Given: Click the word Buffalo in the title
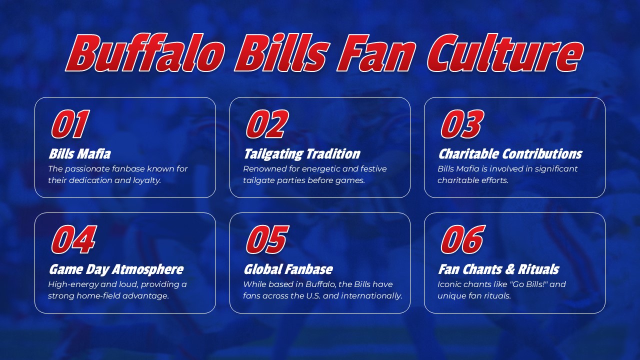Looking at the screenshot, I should tap(145, 53).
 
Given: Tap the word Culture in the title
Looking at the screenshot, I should tap(505, 53).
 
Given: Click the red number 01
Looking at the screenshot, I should tap(70, 124).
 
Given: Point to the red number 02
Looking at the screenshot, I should tap(267, 124).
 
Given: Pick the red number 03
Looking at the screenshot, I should tap(461, 124).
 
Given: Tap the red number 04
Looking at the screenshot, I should tap(73, 239).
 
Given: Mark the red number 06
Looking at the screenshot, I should tap(462, 239).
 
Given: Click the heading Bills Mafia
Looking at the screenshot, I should tap(79, 153).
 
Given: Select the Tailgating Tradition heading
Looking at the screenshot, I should tap(301, 153).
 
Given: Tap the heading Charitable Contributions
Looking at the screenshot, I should tap(509, 153).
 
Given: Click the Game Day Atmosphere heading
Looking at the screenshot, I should tap(115, 269).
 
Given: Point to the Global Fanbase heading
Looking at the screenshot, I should tap(287, 269).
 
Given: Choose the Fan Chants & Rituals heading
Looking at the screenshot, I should tap(498, 269).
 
